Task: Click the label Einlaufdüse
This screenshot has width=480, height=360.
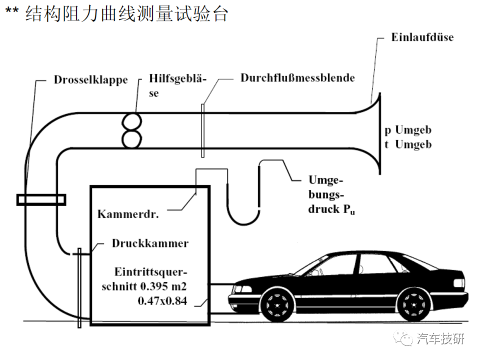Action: [x=422, y=37]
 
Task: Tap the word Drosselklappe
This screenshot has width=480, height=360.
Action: [x=91, y=80]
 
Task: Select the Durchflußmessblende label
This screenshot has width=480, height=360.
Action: [x=297, y=78]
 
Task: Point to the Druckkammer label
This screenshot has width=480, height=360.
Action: [x=150, y=243]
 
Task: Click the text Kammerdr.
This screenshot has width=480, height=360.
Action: [x=128, y=214]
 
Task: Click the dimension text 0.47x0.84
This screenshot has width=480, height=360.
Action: [x=162, y=301]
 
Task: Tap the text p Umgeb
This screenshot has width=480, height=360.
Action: [x=408, y=130]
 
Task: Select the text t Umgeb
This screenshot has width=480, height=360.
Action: [x=408, y=144]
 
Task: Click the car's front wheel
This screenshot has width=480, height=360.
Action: [x=277, y=305]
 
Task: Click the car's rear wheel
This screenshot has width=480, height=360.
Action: [x=413, y=305]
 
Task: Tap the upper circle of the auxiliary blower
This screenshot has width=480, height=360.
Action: [x=132, y=122]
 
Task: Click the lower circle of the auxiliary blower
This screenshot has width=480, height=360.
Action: [x=132, y=139]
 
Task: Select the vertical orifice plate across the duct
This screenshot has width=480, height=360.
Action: [x=202, y=130]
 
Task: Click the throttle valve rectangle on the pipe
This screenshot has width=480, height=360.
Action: [x=41, y=200]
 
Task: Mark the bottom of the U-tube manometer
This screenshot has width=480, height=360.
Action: [x=243, y=224]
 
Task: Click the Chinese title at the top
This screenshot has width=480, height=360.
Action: [x=126, y=13]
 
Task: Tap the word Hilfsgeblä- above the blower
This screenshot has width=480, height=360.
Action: [x=178, y=78]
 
